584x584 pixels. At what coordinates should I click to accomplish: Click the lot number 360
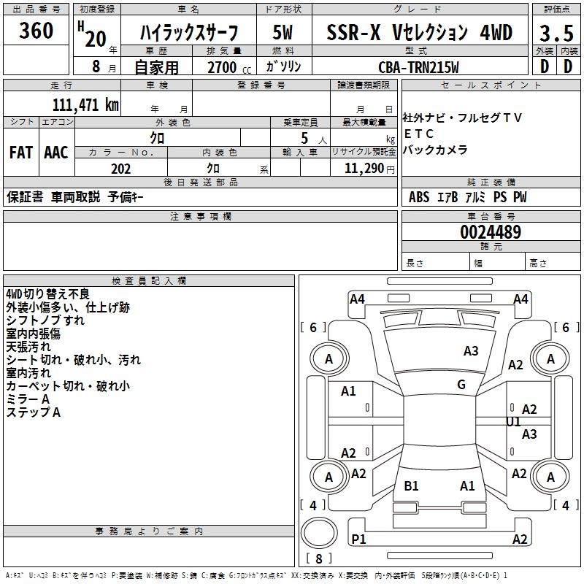[36, 31]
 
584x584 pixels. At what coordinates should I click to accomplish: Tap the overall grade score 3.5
[556, 34]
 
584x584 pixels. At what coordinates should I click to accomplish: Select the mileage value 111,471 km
[85, 104]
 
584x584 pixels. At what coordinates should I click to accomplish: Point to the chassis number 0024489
[491, 233]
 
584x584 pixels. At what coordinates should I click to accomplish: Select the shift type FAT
[20, 153]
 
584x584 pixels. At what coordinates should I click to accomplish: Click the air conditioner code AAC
[55, 153]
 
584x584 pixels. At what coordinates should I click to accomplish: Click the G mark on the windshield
[461, 385]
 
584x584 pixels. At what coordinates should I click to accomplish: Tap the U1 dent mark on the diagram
[514, 422]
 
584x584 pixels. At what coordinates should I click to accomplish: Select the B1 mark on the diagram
[411, 486]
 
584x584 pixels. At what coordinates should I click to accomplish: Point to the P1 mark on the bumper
[358, 539]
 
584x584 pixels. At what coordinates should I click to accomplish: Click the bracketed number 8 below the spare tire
[319, 559]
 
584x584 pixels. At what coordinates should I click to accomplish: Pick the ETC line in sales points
[419, 134]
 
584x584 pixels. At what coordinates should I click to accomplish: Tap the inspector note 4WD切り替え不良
[47, 294]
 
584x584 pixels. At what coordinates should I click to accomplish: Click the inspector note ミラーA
[28, 399]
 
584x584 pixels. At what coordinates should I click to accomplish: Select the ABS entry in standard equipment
[419, 197]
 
